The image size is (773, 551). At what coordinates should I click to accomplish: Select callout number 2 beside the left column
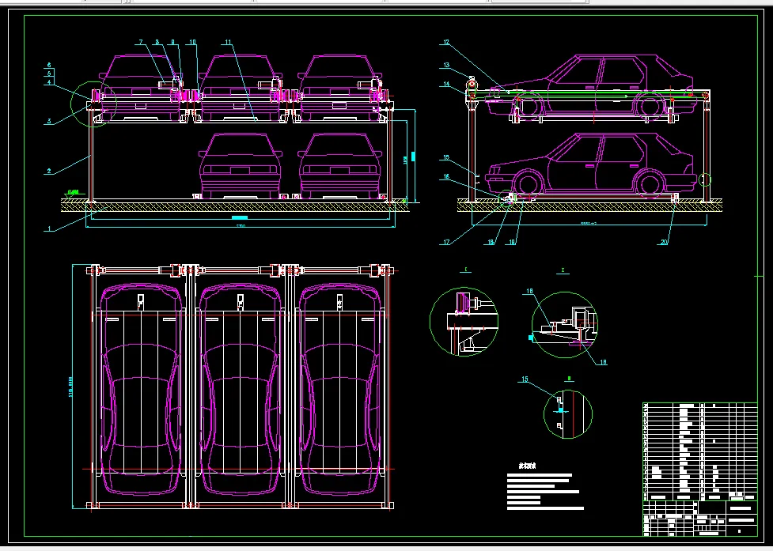point(49,170)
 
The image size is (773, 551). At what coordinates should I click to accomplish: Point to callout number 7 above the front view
point(141,41)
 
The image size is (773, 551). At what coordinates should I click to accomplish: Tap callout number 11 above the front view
point(227,41)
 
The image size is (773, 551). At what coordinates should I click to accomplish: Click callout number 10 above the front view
point(192,41)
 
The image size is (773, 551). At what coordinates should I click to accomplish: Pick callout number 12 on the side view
point(445,42)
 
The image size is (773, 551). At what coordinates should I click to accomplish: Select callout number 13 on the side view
point(445,66)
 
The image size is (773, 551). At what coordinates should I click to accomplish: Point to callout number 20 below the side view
point(664,242)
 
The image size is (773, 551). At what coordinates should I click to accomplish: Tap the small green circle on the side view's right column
point(706,179)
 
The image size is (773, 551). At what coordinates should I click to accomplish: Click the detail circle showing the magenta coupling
point(464,321)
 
